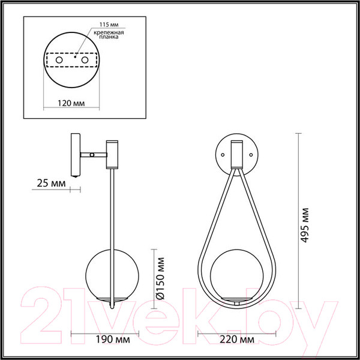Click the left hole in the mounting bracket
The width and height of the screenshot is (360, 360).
pyautogui.click(x=59, y=61)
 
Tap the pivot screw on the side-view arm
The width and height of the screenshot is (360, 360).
pyautogui.click(x=91, y=154)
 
